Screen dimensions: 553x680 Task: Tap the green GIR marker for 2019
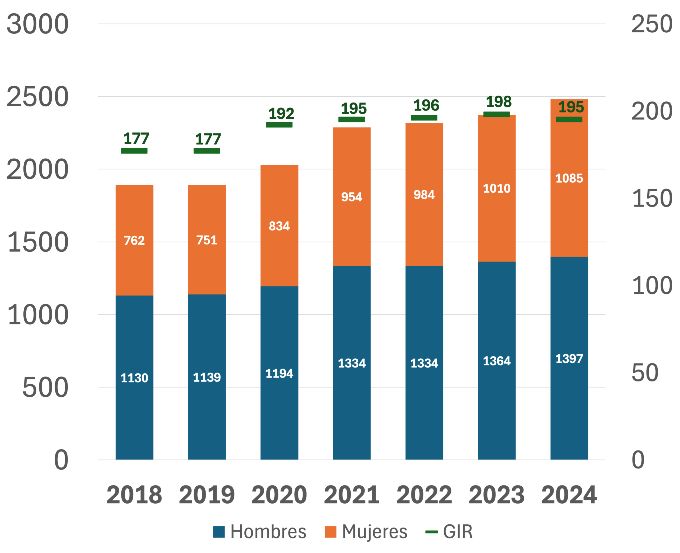[x=207, y=151]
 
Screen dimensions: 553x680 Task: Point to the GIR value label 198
[x=499, y=102]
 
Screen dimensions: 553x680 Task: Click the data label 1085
[x=569, y=178]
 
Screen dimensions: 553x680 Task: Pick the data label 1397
[x=569, y=359]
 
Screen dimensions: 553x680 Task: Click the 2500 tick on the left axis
[x=38, y=97]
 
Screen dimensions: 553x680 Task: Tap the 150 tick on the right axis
[x=652, y=198]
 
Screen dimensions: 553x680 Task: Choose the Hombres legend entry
[x=260, y=532]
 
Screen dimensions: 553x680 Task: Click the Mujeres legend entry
[x=366, y=532]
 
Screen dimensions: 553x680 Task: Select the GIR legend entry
[x=449, y=532]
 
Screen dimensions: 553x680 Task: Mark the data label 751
[x=207, y=240]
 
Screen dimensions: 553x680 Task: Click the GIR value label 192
[x=281, y=114]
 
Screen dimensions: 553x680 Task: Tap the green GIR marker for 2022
[x=424, y=118]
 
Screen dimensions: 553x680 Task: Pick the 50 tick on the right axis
[x=645, y=372]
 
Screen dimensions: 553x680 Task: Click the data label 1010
[x=496, y=188]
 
